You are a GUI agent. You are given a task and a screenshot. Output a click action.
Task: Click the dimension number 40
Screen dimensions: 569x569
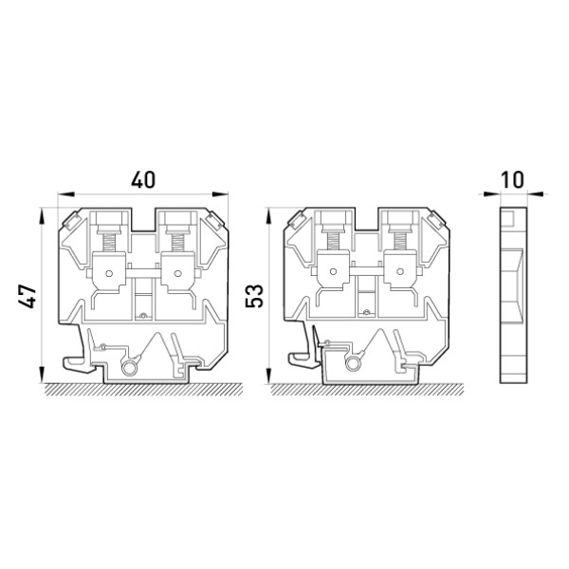click(x=143, y=180)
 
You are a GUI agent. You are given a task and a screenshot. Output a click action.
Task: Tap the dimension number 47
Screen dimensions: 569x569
click(x=28, y=297)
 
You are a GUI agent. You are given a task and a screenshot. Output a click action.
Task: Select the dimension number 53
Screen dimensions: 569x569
click(x=254, y=296)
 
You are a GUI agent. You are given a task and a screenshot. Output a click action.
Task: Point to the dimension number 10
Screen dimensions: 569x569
click(x=512, y=180)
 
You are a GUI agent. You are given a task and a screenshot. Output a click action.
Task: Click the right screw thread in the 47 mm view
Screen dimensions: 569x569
click(x=177, y=242)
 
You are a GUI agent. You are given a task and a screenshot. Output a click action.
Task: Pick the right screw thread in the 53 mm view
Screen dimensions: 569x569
click(x=400, y=242)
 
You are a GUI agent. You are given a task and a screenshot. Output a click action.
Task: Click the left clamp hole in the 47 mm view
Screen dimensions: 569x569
click(x=109, y=273)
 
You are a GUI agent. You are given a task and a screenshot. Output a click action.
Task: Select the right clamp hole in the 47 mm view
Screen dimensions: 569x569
click(x=177, y=273)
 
